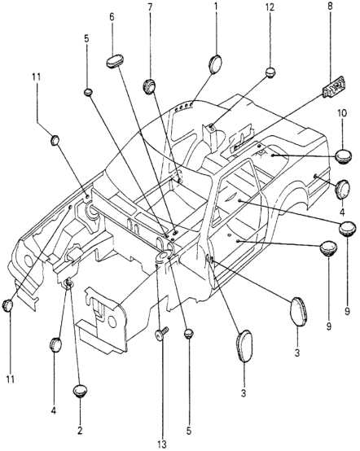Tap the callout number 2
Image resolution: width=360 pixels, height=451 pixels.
click(80, 431)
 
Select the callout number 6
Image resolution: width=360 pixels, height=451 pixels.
click(112, 17)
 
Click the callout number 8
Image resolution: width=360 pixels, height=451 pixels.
click(330, 7)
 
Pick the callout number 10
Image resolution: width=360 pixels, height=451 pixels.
click(342, 113)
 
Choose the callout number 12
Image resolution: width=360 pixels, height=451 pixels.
click(270, 7)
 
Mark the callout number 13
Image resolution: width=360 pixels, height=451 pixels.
click(162, 444)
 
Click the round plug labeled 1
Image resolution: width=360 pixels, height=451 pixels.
click(215, 64)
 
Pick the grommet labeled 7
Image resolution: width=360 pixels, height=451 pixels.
click(149, 85)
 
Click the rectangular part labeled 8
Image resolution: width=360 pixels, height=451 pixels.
click(334, 87)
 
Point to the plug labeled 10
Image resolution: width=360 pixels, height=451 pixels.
click(344, 155)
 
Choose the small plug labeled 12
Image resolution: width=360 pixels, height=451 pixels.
click(270, 72)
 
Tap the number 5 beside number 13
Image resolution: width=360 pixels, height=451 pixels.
click(188, 431)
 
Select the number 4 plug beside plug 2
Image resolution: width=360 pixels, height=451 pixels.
click(56, 344)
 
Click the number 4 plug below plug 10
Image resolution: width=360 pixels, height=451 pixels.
click(343, 189)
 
